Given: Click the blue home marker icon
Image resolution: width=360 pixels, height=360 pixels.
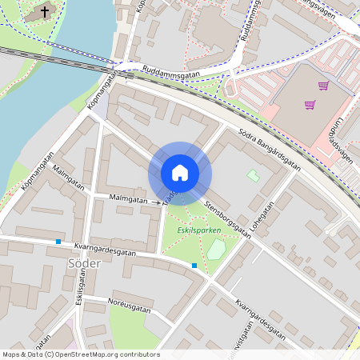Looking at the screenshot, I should coord(179,172).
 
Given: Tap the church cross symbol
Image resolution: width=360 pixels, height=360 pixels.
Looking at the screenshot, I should coord(43,12).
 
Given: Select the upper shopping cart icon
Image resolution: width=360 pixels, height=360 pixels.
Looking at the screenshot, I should coord(323,86).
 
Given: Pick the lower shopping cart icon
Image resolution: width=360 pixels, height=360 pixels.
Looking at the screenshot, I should coord(310,105).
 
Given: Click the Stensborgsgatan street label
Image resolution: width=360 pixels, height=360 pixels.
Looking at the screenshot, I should coord(222,218).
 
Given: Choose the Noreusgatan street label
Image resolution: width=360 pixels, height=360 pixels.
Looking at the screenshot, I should coord(129,306).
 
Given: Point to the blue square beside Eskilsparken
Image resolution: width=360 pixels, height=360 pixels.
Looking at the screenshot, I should coord(194,265).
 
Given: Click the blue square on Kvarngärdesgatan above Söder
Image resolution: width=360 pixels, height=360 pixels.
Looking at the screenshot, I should coord(58,242).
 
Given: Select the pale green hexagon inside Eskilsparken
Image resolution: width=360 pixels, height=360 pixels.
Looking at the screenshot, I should coord(215,249).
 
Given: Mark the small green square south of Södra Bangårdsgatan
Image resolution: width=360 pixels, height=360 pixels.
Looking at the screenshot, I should coord(253,175).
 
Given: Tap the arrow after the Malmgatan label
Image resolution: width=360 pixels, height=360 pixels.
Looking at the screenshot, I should coord(156,202).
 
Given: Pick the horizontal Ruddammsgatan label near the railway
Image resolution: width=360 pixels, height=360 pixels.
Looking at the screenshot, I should coord(170,74).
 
